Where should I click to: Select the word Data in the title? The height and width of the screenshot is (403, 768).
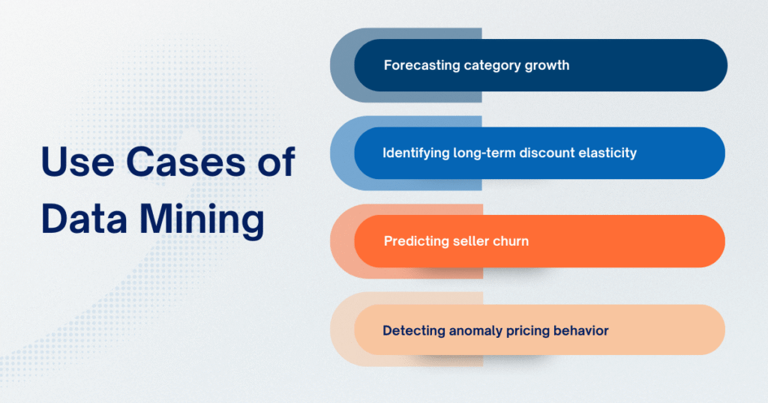coord(83,220)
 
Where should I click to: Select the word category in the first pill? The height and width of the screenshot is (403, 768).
coord(490,65)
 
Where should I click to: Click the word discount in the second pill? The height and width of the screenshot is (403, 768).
coord(547,153)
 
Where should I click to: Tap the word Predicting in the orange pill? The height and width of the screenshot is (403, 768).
coord(415,241)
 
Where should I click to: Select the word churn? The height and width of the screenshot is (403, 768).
coord(510,241)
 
